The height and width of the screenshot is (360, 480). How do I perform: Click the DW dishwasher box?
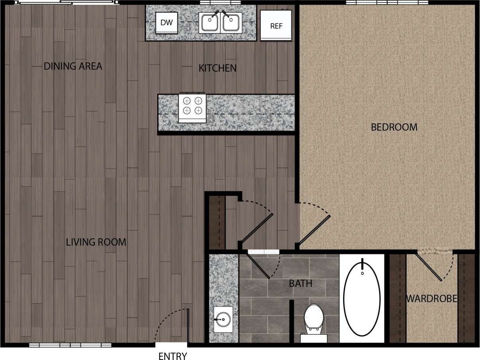166,23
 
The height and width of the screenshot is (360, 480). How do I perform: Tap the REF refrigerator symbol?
276,26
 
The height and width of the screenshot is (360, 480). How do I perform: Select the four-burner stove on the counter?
193,108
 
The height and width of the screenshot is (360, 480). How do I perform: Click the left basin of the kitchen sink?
209,22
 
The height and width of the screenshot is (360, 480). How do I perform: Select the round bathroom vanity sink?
223,319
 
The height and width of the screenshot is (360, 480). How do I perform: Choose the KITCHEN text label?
217,68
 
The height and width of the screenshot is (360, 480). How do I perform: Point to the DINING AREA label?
73,66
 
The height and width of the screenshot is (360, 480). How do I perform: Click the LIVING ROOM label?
96,242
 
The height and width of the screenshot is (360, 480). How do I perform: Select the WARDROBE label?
431,299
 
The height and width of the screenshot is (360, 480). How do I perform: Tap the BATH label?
300,284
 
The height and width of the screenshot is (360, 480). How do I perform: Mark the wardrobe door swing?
429,266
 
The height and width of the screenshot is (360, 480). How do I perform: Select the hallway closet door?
257,228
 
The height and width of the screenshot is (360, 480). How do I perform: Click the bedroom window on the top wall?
387,2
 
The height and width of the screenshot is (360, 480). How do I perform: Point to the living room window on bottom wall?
70,345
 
